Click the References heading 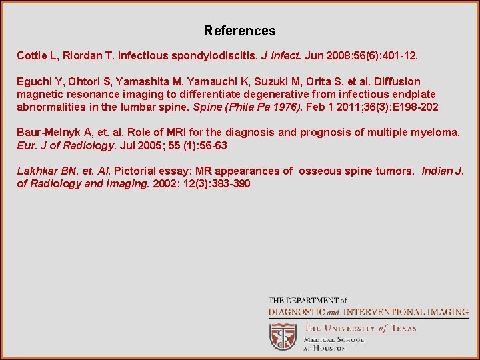coord(239,31)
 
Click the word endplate coord(413,95)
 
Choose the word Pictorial coord(136,171)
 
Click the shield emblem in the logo coord(283,337)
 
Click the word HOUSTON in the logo coord(329,348)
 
